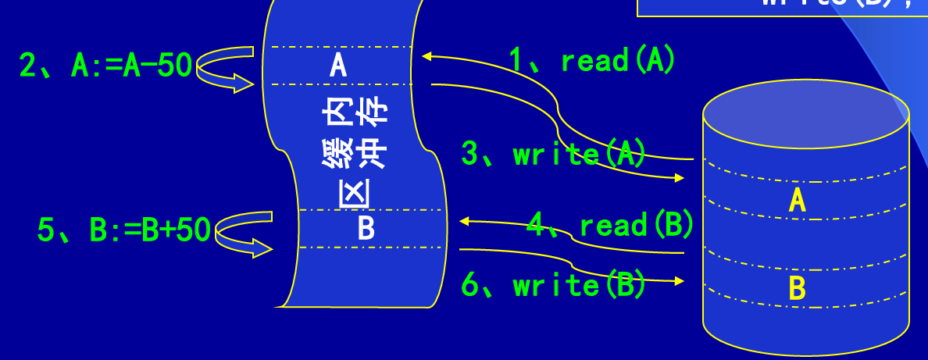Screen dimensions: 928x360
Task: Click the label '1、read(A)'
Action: point(591,60)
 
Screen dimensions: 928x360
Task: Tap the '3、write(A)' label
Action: point(554,154)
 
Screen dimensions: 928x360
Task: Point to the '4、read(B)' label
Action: point(610,225)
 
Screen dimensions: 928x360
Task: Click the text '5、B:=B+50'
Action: point(123,230)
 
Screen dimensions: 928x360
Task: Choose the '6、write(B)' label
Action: point(554,285)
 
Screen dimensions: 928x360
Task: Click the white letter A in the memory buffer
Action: point(338,65)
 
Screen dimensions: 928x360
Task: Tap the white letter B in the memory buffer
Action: point(366,228)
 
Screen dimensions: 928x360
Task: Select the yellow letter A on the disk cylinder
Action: point(797,201)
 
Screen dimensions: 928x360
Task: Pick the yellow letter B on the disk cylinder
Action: point(797,288)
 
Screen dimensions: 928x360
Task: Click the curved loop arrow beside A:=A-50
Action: point(224,69)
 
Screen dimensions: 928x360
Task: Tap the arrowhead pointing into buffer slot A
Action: point(427,56)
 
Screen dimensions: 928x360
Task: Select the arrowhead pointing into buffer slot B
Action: point(465,222)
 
